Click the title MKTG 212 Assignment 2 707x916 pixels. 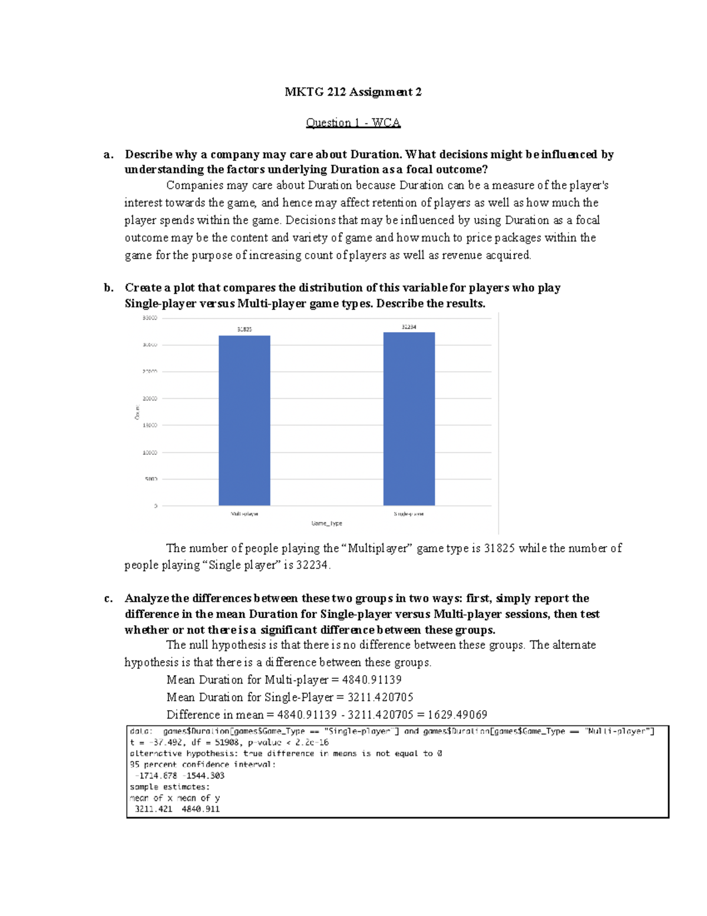353,92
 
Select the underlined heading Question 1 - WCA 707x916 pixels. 353,123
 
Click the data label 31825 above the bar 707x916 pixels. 245,329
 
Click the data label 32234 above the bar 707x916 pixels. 409,326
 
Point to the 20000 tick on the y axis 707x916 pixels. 150,399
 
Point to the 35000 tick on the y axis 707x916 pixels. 150,318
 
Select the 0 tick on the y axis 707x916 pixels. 156,506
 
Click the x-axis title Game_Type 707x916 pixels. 326,523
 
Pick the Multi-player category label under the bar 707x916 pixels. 245,514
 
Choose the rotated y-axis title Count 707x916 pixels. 137,412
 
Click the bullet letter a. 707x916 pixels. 108,155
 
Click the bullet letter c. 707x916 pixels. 108,599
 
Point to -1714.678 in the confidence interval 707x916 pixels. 156,776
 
